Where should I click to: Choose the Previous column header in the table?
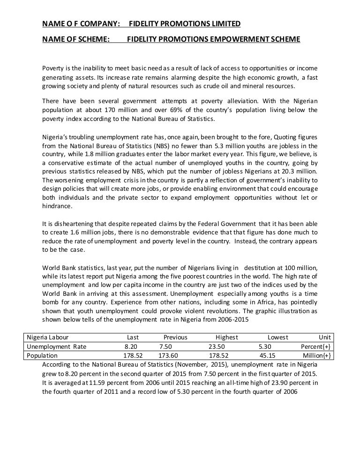pyautogui.click(x=175, y=338)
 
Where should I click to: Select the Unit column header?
pyautogui.click(x=325, y=338)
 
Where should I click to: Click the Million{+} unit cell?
pyautogui.click(x=317, y=355)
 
